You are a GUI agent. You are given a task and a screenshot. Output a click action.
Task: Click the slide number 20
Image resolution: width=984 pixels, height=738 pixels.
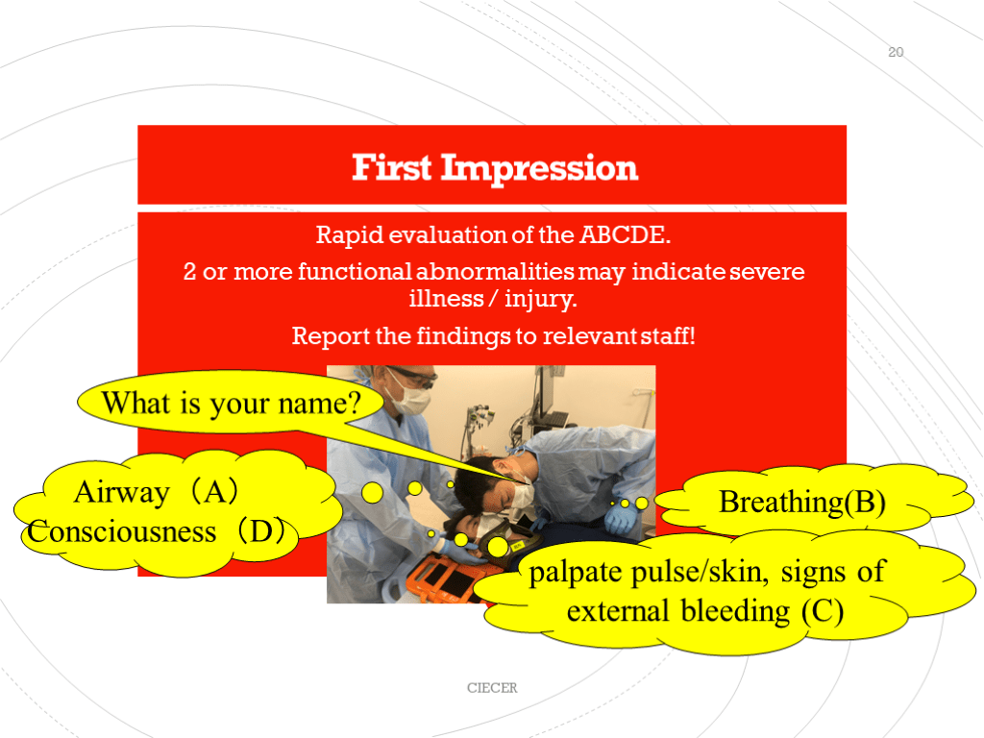(x=896, y=52)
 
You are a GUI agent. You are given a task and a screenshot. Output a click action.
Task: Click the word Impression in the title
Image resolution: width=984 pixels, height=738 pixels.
(x=539, y=169)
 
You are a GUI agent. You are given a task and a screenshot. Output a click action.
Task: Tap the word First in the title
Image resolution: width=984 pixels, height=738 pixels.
(x=392, y=167)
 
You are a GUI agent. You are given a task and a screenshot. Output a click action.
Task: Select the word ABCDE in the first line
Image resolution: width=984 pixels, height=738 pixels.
(x=625, y=234)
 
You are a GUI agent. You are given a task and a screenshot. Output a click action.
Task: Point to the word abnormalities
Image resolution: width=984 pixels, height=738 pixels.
(x=495, y=272)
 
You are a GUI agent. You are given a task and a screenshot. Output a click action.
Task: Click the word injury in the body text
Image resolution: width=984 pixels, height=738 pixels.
(x=540, y=300)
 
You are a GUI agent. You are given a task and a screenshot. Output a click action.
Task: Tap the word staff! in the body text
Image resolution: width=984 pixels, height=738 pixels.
(x=668, y=335)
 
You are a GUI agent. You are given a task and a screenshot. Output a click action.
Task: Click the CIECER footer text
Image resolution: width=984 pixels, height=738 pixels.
(x=492, y=688)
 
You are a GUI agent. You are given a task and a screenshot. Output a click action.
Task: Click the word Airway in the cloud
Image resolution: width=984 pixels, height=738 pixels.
(x=122, y=492)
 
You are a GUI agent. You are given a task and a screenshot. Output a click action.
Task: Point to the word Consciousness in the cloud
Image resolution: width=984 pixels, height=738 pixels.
(x=122, y=532)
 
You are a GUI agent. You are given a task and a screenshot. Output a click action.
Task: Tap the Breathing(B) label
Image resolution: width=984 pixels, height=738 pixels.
(x=802, y=502)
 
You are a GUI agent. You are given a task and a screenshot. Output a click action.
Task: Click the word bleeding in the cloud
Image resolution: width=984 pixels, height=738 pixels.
(x=735, y=610)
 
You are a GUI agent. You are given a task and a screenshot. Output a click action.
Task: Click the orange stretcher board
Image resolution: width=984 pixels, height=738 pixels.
(x=439, y=580)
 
